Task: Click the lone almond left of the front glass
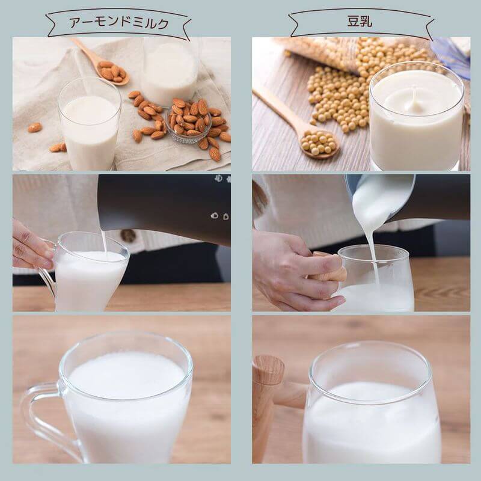pyautogui.click(x=35, y=127)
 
